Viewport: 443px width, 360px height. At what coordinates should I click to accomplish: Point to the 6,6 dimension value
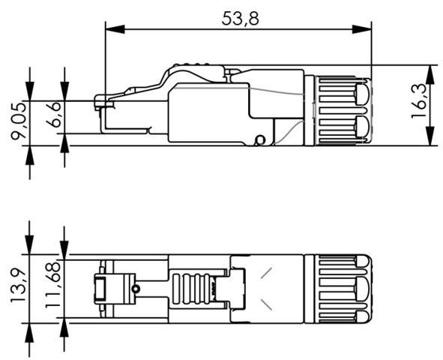pyautogui.click(x=55, y=118)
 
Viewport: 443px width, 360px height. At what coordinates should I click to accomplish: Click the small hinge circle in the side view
pyautogui.click(x=259, y=139)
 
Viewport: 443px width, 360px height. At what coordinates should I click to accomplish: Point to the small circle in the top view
pyautogui.click(x=136, y=289)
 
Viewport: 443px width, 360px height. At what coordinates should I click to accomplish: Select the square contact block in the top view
pyautogui.click(x=102, y=289)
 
